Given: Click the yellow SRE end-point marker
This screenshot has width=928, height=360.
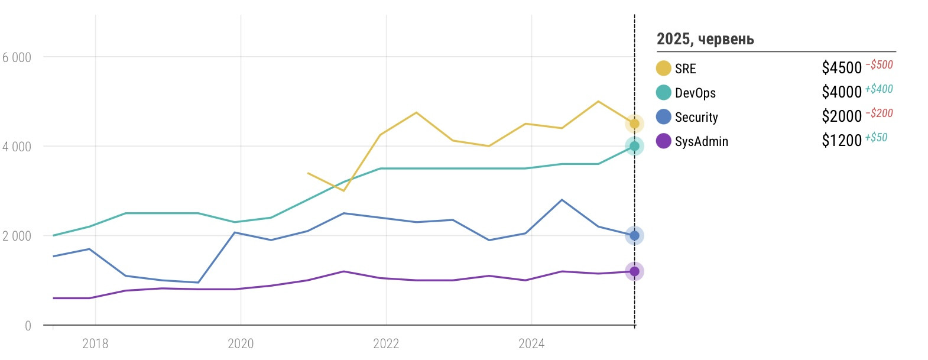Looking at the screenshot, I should [634, 124].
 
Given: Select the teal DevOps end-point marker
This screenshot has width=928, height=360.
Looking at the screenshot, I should [634, 146].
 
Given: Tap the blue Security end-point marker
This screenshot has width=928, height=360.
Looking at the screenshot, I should [634, 235].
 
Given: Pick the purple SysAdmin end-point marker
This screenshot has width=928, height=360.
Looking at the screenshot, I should [634, 271].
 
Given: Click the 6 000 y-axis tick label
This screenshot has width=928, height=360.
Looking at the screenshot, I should [17, 57].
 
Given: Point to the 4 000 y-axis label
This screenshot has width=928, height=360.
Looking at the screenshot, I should [17, 147].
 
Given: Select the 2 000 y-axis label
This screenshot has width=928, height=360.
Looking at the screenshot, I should [17, 236].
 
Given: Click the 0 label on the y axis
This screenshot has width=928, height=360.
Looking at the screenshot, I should [28, 326].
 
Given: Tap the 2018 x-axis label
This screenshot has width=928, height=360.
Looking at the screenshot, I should [95, 343].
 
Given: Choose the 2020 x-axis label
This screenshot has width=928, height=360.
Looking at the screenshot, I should [241, 343].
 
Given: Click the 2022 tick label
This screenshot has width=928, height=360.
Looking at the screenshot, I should [386, 343].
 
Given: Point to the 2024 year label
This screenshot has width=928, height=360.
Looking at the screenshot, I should [531, 343].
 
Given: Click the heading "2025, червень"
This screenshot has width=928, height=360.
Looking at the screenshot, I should [705, 39].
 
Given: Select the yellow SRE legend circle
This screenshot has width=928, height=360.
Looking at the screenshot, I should [663, 69].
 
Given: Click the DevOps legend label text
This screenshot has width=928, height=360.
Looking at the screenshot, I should [695, 93].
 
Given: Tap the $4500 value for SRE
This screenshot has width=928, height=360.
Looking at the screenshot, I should [842, 68].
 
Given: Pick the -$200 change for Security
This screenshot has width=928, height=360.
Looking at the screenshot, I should [879, 113].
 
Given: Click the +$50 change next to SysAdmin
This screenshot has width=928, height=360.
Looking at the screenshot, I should [876, 137].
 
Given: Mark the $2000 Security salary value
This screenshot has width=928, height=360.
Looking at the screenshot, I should [842, 116].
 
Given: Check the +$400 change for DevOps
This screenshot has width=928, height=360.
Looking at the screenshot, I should [879, 89].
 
